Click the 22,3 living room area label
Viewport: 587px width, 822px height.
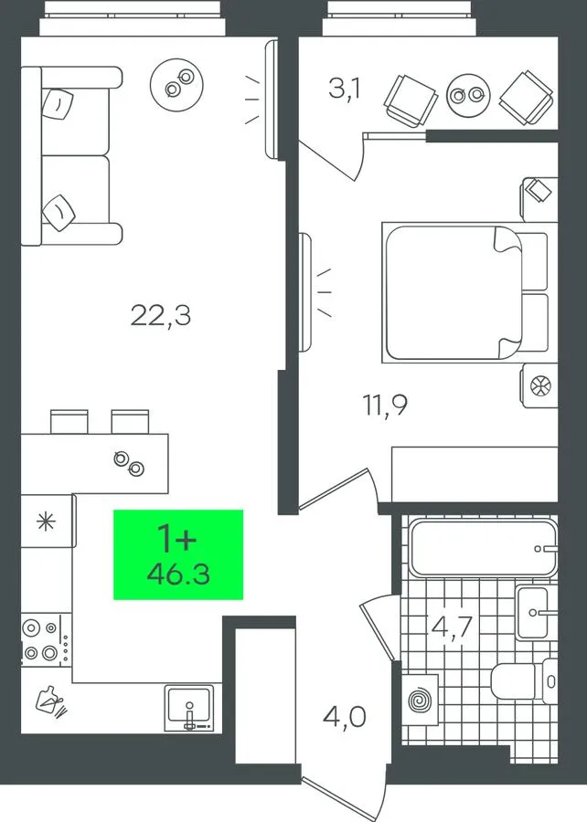point(161,316)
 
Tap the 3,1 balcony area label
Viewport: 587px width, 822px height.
point(345,89)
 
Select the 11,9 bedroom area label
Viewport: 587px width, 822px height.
point(386,405)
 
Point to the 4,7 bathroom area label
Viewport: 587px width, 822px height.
point(452,626)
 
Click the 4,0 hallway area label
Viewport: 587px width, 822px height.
point(345,717)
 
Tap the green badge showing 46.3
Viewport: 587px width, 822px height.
point(178,554)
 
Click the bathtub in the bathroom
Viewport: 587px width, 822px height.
point(483,548)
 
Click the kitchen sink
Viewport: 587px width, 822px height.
point(189,707)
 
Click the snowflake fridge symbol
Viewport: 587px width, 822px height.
point(46,522)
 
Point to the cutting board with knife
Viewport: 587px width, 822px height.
point(51,701)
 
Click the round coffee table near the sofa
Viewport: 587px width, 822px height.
point(177,83)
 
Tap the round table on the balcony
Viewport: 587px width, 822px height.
point(468,94)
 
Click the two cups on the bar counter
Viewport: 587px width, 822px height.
point(129,463)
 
